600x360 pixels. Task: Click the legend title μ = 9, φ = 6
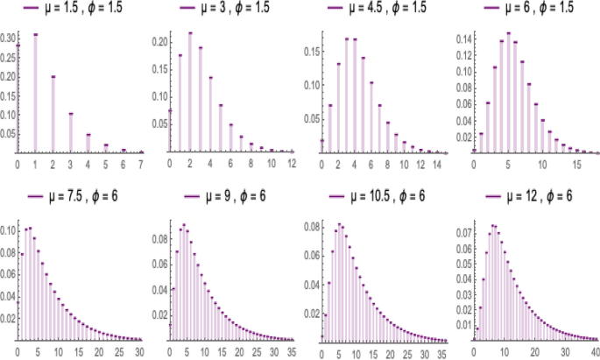click(x=230, y=194)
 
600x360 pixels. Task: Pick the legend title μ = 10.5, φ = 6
click(x=384, y=194)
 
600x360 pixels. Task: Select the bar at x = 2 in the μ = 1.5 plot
click(x=53, y=115)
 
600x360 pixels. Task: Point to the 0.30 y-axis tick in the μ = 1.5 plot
click(x=8, y=39)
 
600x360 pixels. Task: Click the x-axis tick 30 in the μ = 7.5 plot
click(x=139, y=350)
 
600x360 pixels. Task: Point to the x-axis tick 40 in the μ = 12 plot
click(x=593, y=350)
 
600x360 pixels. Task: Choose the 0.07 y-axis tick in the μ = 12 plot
click(x=462, y=234)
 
